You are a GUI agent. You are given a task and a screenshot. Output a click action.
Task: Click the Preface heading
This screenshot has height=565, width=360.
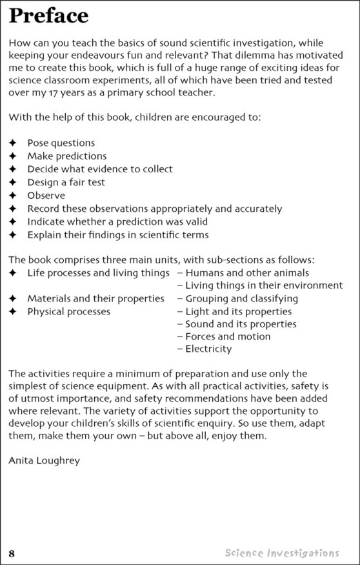tap(49, 16)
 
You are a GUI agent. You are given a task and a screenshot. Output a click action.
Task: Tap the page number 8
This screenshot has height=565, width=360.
tap(12, 553)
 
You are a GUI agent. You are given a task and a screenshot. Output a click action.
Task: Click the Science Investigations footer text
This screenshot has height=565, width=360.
tap(282, 553)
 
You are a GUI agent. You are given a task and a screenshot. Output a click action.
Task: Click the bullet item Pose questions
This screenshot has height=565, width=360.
tap(61, 143)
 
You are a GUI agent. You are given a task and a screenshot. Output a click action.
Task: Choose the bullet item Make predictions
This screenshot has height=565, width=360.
tap(66, 156)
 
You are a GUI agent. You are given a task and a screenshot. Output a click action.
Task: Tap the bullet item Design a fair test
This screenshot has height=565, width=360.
tap(66, 182)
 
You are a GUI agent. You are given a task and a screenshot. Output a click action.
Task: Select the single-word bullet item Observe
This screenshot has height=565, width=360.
tap(46, 195)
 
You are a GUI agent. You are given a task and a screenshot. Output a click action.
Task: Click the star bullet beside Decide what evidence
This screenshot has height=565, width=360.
tap(12, 169)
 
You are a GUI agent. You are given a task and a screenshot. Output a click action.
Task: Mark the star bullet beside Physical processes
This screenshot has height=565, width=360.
tap(12, 312)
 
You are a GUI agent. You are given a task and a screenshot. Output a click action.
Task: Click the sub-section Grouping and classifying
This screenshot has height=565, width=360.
tap(241, 299)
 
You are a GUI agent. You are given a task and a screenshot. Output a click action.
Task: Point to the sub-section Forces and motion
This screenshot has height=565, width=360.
tap(228, 336)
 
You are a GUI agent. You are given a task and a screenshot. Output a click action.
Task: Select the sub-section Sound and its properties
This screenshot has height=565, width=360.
tap(241, 324)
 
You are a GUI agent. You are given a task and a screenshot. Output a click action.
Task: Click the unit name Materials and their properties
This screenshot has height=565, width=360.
tap(95, 299)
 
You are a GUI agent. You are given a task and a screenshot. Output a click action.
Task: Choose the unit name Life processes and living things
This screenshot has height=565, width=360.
tap(98, 273)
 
